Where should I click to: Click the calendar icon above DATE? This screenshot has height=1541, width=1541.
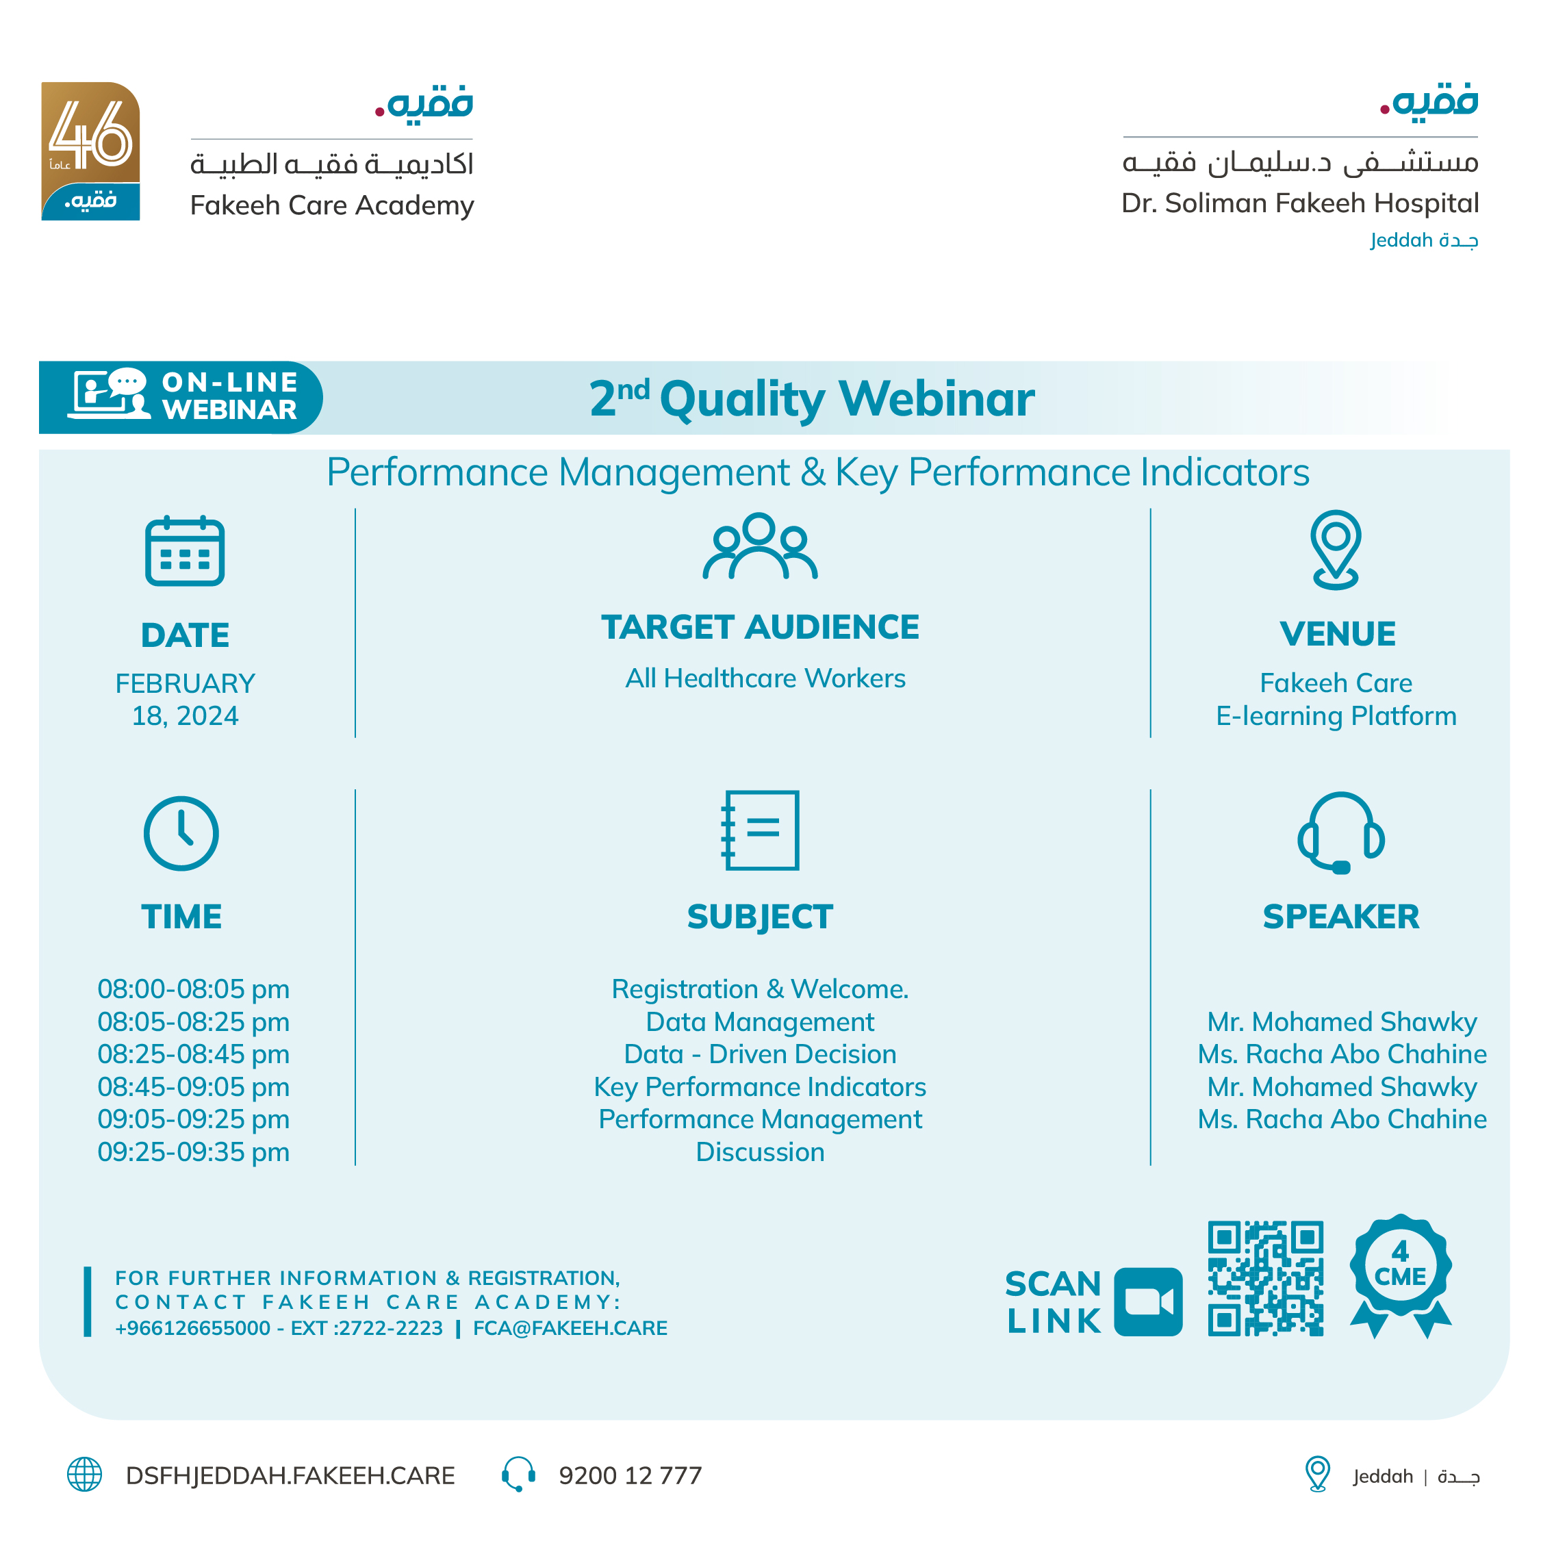[184, 551]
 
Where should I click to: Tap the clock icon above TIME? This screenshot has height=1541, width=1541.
[181, 834]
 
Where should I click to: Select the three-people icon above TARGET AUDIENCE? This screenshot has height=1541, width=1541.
[759, 546]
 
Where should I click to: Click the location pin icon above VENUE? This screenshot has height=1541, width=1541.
[1335, 549]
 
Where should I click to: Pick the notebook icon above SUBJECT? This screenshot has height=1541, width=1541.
[760, 830]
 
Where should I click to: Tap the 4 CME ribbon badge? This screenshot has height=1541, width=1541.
[1400, 1274]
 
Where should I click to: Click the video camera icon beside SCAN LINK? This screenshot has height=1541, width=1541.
[1148, 1301]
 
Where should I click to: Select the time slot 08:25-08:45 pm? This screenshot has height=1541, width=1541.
[193, 1054]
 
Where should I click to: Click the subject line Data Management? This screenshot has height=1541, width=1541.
[759, 1022]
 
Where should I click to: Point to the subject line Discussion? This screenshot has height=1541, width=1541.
[759, 1151]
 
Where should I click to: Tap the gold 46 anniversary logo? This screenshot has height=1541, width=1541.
[90, 151]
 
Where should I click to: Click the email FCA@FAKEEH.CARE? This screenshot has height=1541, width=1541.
[570, 1328]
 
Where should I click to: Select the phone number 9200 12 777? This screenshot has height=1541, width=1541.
[630, 1475]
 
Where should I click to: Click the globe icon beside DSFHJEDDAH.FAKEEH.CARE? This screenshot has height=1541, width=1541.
[85, 1474]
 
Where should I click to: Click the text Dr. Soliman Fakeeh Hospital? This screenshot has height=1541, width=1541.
[1299, 203]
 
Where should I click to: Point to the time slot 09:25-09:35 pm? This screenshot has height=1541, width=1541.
[193, 1151]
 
